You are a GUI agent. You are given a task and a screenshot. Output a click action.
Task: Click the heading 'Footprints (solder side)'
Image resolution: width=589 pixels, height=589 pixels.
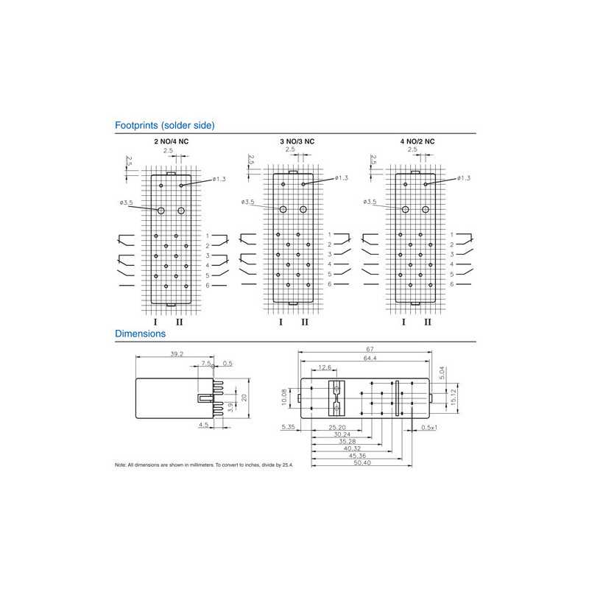click(x=165, y=125)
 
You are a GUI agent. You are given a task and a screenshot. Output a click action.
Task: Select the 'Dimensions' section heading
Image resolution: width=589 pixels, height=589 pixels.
click(x=140, y=334)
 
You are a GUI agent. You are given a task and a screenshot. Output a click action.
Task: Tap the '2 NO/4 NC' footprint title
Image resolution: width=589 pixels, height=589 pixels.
click(x=170, y=141)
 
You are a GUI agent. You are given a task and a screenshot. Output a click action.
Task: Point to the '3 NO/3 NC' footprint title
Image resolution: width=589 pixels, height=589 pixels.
click(x=297, y=141)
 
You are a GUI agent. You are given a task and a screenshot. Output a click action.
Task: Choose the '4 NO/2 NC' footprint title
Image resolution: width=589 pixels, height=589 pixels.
click(x=417, y=141)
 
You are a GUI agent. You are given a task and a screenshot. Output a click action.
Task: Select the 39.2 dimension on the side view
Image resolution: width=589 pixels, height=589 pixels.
click(x=177, y=354)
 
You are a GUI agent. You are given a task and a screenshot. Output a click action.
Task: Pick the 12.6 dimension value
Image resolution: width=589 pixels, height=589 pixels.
click(x=325, y=368)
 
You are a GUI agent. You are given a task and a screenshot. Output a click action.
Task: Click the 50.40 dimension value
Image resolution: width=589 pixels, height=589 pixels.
click(x=361, y=463)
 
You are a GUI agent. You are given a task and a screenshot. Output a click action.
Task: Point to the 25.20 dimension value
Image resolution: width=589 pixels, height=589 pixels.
click(x=337, y=427)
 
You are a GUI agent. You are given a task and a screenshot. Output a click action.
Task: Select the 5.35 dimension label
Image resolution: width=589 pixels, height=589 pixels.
click(x=288, y=427)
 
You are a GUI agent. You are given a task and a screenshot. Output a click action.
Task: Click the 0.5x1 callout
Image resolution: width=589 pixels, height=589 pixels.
click(x=429, y=427)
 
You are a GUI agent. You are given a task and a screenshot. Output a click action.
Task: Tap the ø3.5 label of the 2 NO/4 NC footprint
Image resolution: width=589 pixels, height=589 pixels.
click(x=126, y=202)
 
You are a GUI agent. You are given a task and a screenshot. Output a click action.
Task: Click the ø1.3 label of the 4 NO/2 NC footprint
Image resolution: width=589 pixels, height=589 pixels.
click(x=464, y=178)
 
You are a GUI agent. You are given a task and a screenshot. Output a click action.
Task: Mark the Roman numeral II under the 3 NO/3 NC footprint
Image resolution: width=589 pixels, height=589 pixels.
click(x=305, y=322)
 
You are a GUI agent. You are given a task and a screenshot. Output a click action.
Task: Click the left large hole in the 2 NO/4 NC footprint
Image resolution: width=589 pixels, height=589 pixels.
click(x=161, y=211)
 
